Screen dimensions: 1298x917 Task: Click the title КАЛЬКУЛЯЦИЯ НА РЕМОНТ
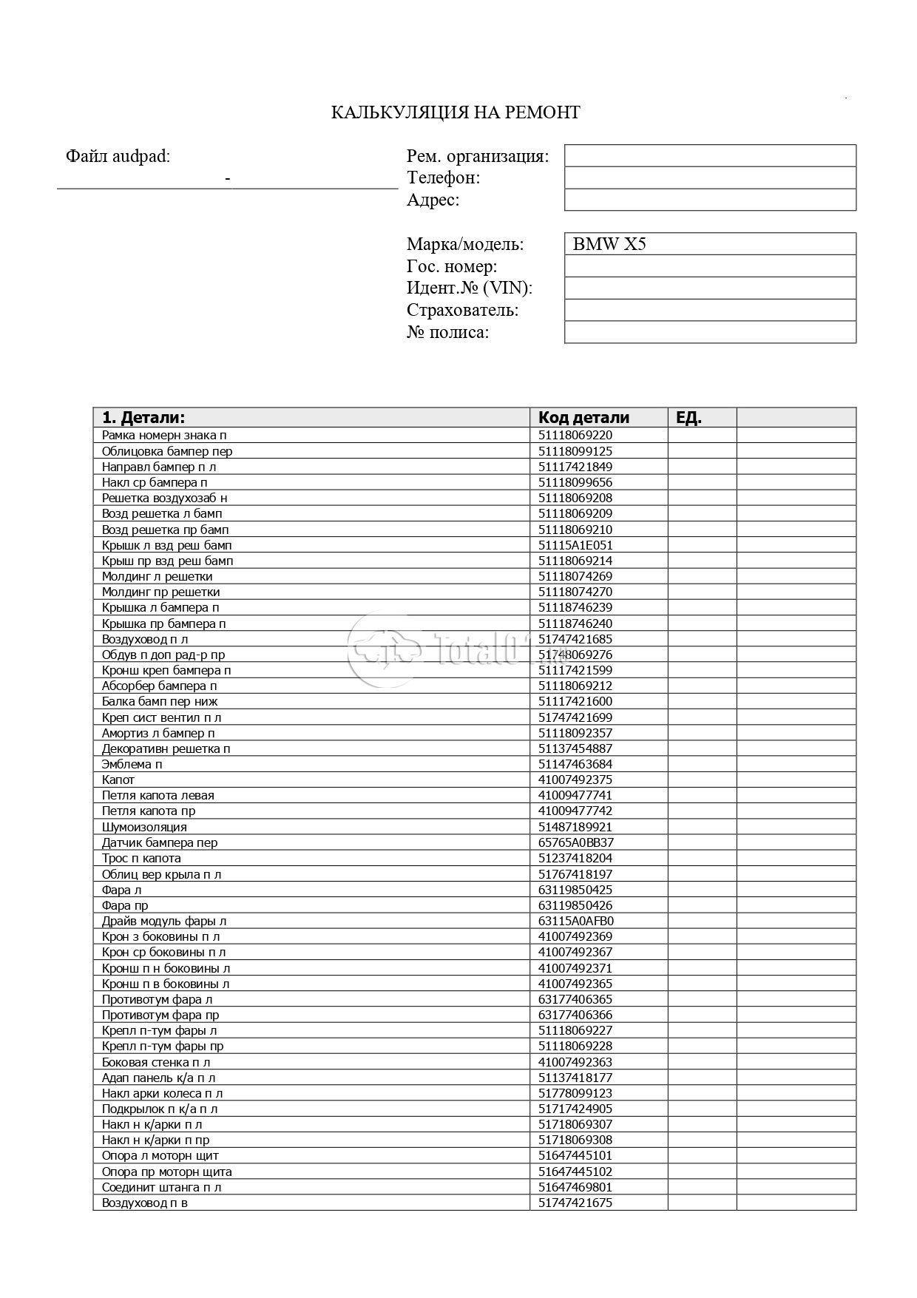[455, 112]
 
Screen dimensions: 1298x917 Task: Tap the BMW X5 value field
[709, 244]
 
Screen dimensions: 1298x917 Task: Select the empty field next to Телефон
[709, 178]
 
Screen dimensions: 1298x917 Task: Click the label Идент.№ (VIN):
[469, 288]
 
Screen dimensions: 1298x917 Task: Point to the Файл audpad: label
[118, 156]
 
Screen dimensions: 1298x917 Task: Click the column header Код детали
[583, 417]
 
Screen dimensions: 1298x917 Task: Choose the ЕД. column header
[688, 417]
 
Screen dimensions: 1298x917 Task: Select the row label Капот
[118, 780]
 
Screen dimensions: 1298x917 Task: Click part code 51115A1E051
[575, 545]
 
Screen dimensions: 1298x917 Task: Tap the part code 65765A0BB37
[576, 842]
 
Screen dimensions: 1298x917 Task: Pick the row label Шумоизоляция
[144, 827]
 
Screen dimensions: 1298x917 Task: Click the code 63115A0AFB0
[576, 921]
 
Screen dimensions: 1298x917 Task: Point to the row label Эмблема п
[132, 764]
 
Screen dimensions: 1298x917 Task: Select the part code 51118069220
[575, 436]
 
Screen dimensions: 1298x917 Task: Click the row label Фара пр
[125, 905]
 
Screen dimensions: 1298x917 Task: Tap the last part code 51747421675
[575, 1203]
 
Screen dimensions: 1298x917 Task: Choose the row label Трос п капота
[141, 858]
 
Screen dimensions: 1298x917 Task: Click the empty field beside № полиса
[709, 332]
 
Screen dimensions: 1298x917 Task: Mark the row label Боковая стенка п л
[156, 1062]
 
